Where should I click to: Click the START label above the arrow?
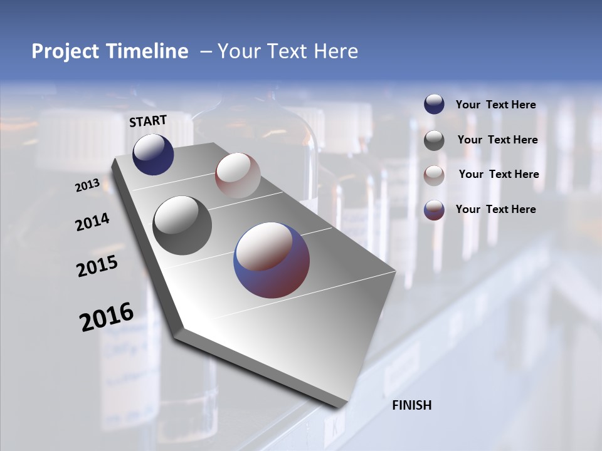pos(148,121)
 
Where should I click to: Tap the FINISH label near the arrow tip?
pos(412,405)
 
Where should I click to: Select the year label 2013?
pos(87,185)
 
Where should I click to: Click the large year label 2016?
pos(107,317)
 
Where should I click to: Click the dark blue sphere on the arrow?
pos(153,155)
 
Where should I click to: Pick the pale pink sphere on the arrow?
pos(238,175)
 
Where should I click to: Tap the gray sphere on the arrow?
pos(182,225)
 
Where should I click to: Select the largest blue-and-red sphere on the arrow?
pos(272,260)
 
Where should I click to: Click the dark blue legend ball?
pos(434,104)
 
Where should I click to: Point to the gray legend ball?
pos(434,140)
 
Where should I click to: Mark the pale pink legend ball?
pos(434,175)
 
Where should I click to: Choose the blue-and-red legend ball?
pos(434,210)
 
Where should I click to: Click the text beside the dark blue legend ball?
pos(495,105)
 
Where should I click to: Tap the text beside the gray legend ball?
pos(497,140)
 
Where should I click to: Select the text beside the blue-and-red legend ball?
pos(495,209)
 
